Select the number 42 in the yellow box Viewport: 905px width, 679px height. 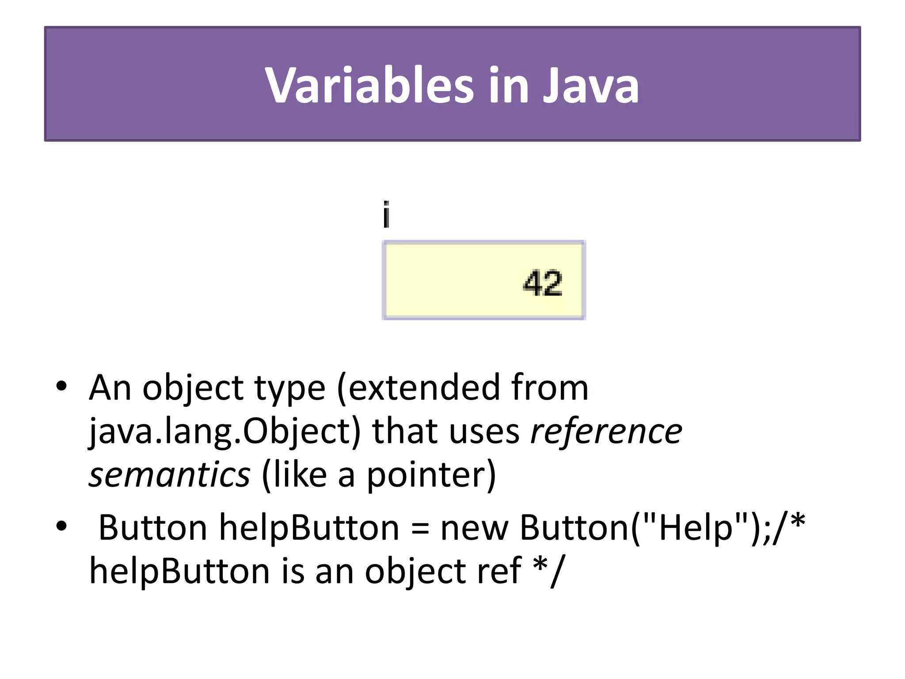click(x=542, y=283)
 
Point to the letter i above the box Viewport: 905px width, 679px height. click(x=386, y=215)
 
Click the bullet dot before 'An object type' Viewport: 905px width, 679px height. click(x=61, y=386)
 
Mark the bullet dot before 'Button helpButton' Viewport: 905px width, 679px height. click(x=61, y=526)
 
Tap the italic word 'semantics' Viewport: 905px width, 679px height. click(x=170, y=475)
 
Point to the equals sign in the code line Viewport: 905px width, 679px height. click(x=420, y=528)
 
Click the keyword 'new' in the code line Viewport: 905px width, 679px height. click(x=474, y=528)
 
